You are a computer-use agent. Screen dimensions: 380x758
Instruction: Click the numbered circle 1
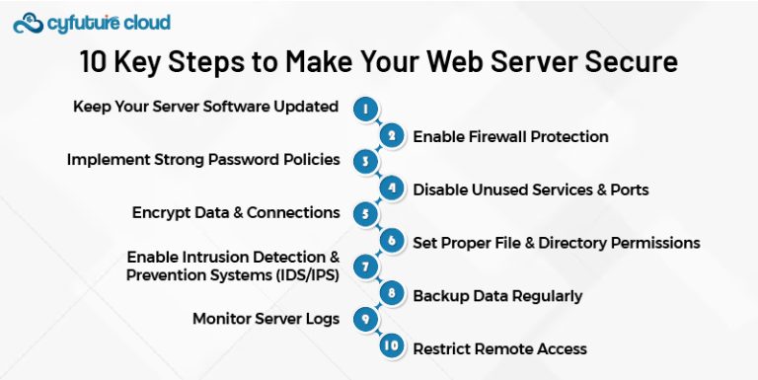click(366, 110)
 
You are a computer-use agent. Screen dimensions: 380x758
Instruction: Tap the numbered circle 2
click(393, 136)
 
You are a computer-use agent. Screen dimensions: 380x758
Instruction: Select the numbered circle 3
click(366, 162)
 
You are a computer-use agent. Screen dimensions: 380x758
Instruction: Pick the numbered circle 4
click(393, 189)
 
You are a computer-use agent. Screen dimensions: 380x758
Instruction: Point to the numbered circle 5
click(366, 214)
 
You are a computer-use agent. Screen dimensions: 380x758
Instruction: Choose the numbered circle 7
click(366, 267)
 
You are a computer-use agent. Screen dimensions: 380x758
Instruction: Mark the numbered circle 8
click(393, 294)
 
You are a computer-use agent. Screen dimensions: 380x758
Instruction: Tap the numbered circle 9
click(366, 320)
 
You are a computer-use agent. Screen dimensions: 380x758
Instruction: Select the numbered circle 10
click(393, 347)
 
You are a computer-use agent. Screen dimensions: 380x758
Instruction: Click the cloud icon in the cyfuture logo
click(28, 22)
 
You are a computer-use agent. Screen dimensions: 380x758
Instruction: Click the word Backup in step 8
click(439, 295)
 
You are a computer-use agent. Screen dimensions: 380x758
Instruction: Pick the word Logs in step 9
click(323, 319)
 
